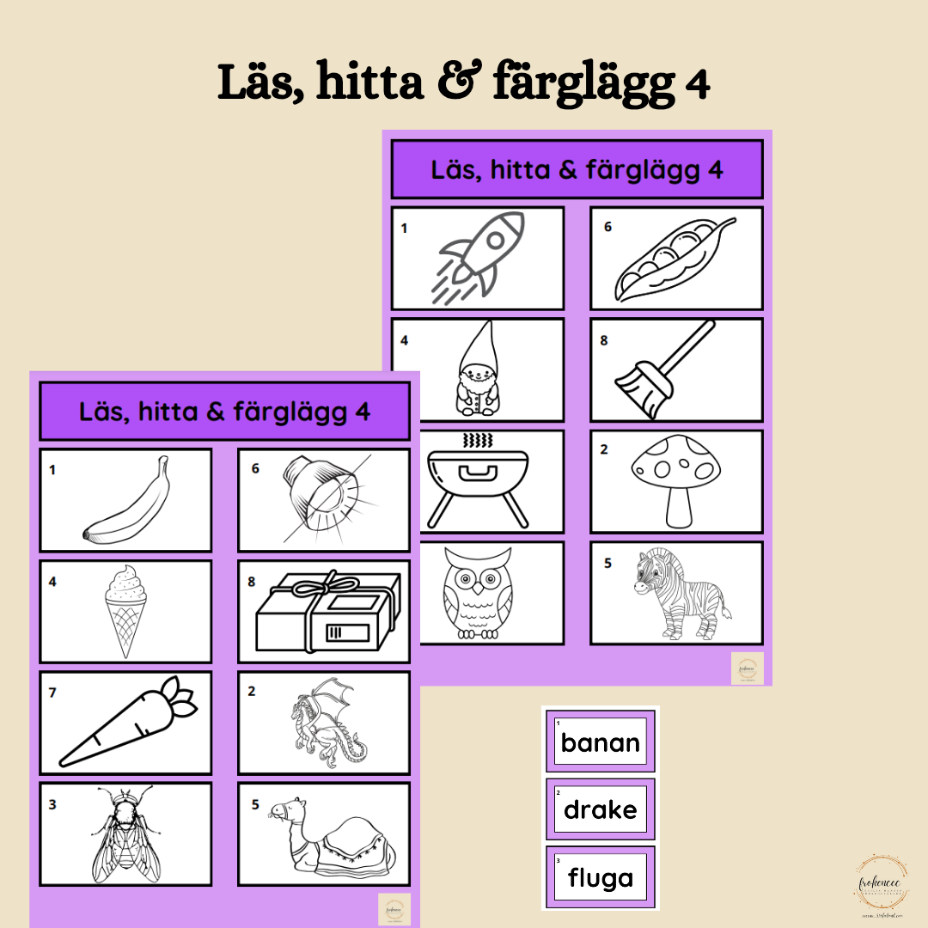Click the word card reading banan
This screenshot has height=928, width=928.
click(x=601, y=742)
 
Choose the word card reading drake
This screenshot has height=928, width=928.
click(x=601, y=809)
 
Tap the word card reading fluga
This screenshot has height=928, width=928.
click(x=601, y=877)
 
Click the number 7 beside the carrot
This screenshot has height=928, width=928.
click(x=52, y=692)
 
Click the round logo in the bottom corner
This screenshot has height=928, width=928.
click(x=877, y=886)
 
